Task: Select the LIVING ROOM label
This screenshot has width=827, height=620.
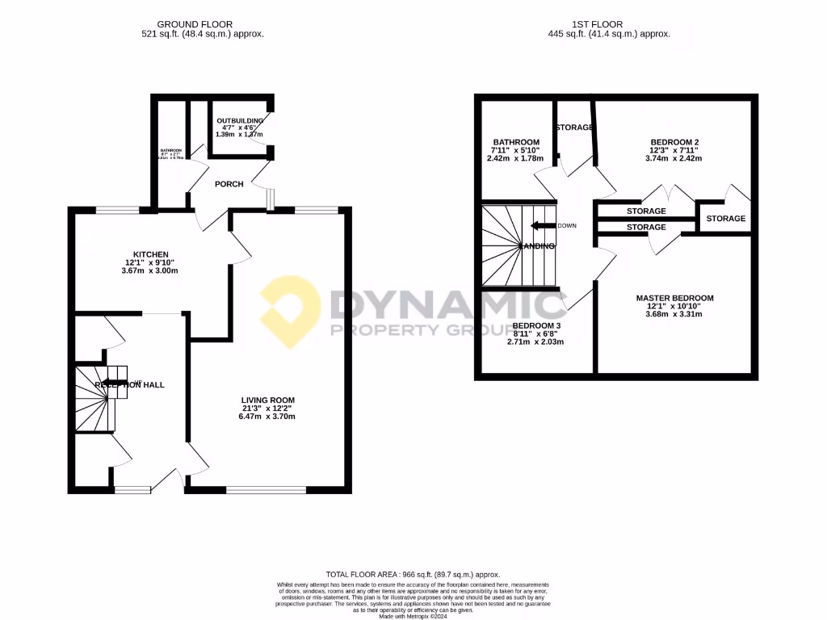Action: pos(268,400)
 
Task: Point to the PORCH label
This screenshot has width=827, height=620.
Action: pos(229,184)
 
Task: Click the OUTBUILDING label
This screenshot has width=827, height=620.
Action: pos(240,121)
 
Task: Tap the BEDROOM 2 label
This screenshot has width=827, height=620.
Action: pos(674,142)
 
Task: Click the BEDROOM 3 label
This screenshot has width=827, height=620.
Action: pos(536,325)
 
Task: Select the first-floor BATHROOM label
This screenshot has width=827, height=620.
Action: pos(514,142)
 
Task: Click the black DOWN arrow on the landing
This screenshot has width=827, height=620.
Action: pos(544,226)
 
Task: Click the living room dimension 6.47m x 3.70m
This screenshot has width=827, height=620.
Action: pos(268,417)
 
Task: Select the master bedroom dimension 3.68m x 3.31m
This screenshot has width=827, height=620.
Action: pos(674,314)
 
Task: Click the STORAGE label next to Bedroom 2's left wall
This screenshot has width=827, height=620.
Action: pos(574,128)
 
